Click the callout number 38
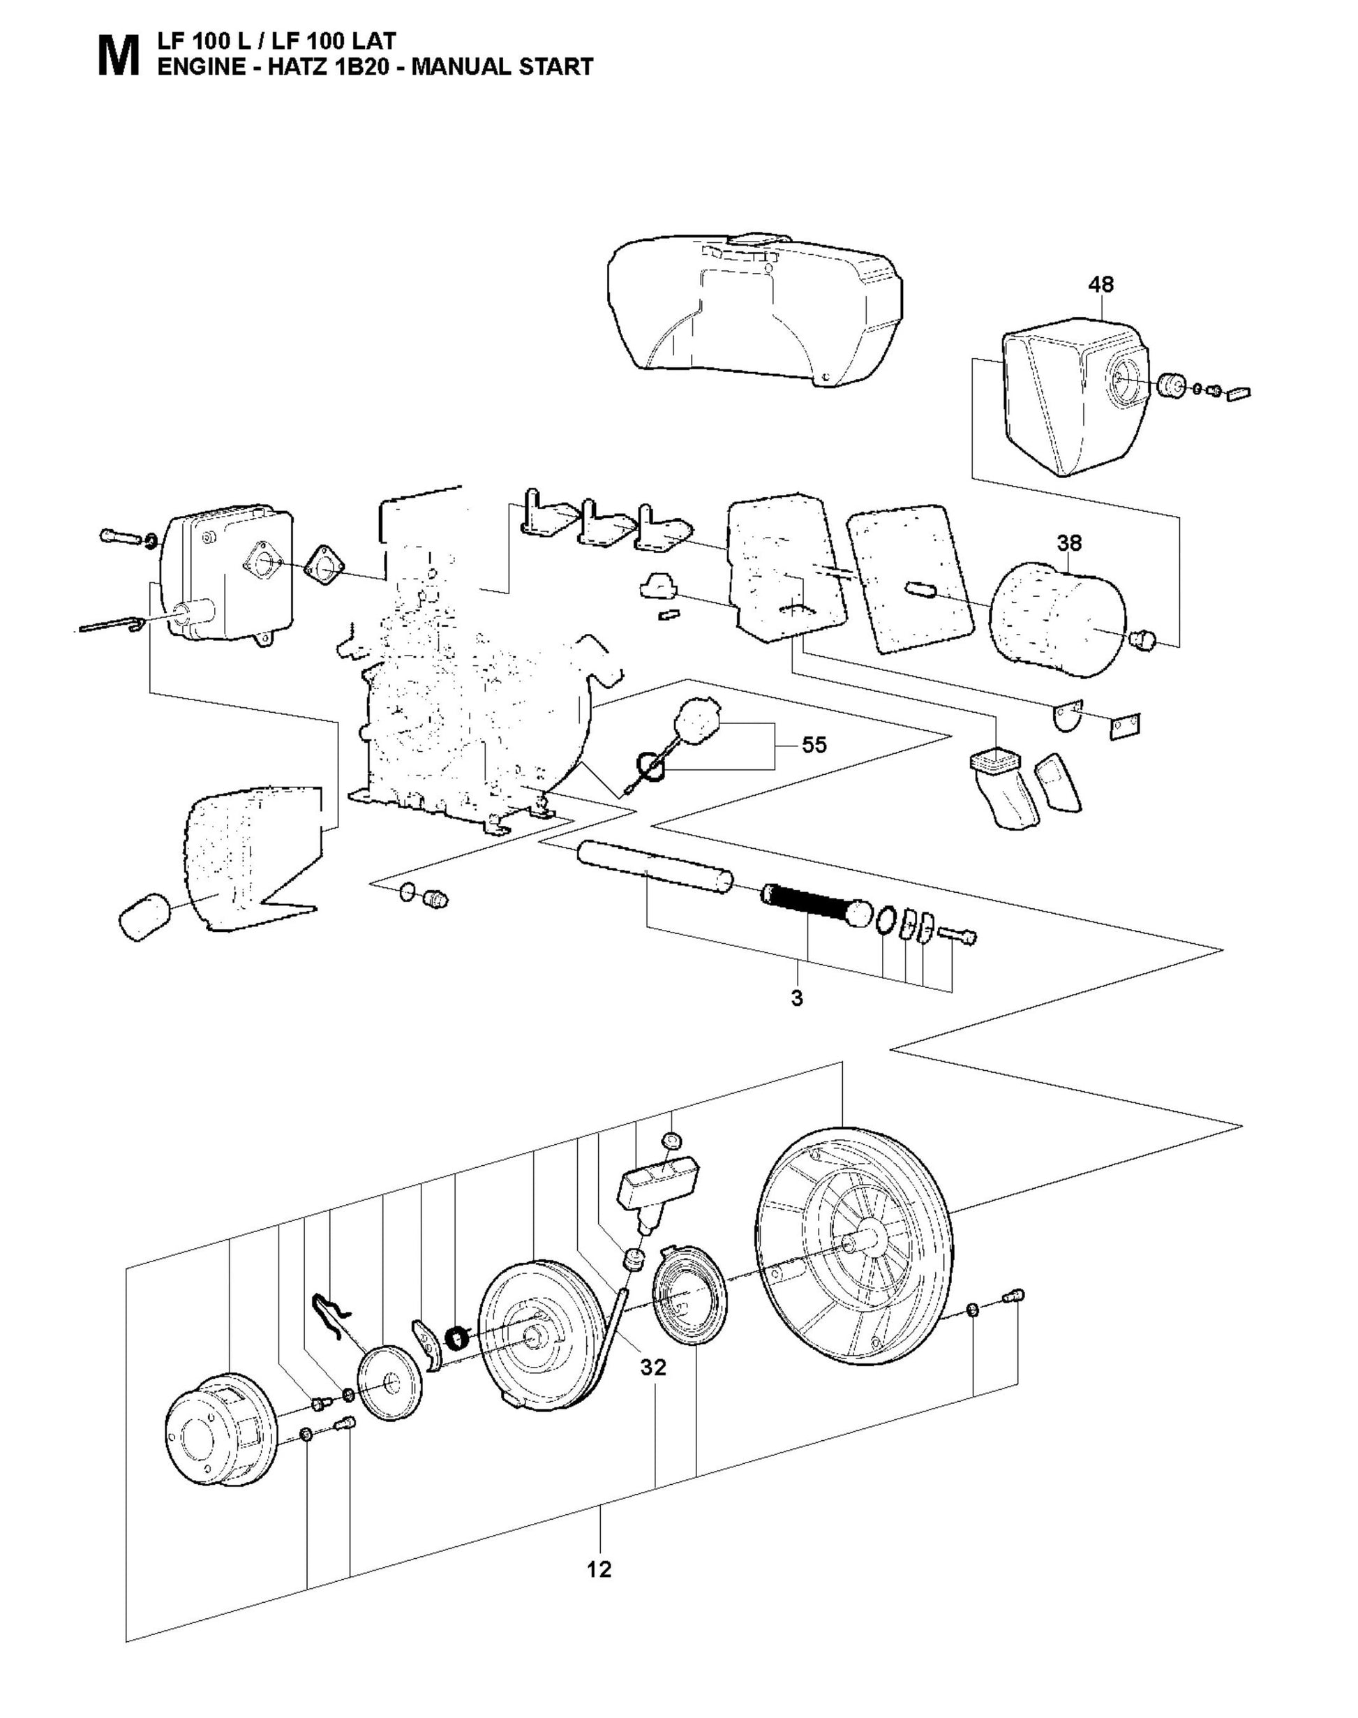1069,543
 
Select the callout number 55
814,746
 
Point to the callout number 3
798,998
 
